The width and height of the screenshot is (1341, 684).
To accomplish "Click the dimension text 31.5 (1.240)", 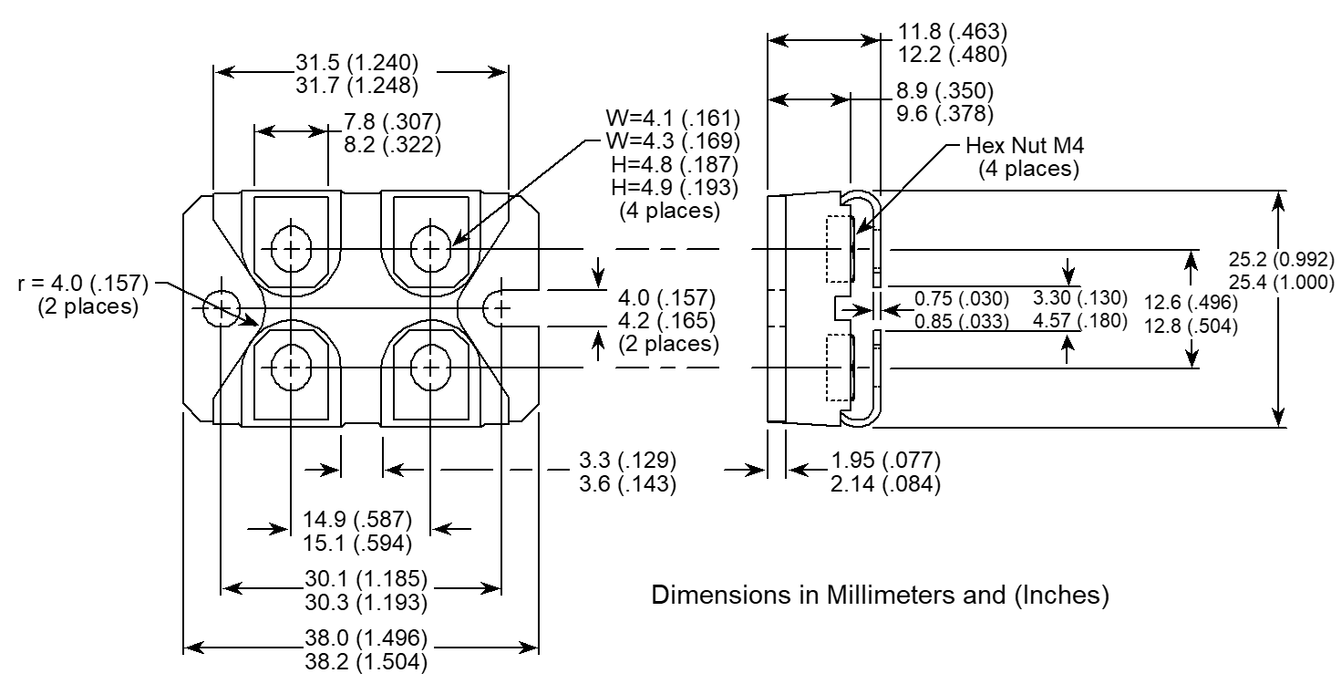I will [x=356, y=64].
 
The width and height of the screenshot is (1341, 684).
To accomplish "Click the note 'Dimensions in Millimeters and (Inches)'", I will [x=882, y=596].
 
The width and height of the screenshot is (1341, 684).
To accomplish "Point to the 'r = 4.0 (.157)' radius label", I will [x=83, y=284].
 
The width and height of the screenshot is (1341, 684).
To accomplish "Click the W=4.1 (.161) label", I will [x=672, y=119].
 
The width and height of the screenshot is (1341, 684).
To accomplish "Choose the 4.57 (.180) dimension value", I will [x=1080, y=320].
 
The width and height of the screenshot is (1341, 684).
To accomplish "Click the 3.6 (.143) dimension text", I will [x=629, y=484].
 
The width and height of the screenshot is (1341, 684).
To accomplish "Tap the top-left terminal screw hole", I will [x=291, y=248].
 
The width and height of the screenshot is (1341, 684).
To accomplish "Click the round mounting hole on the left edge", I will [x=221, y=308].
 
